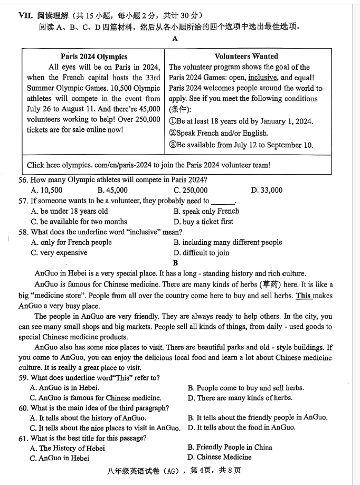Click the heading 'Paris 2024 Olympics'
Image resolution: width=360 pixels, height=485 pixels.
(93, 56)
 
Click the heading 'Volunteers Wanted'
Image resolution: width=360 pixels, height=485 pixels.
(246, 56)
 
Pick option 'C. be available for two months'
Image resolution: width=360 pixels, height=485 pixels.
(79, 222)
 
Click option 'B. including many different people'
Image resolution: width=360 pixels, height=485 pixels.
(228, 242)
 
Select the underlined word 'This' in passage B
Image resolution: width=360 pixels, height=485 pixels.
(303, 296)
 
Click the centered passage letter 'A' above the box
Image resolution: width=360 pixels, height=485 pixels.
(175, 38)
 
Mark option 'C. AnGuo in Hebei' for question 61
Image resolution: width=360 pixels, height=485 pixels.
(60, 458)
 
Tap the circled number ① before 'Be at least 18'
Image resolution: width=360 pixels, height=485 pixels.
(173, 121)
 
